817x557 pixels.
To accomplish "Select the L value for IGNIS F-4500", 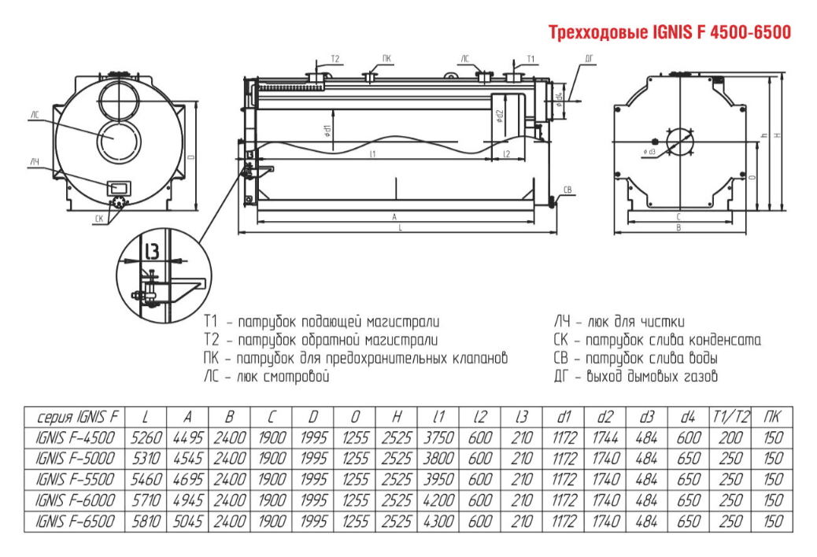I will tap(143, 437).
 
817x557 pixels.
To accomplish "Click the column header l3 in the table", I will tap(521, 416).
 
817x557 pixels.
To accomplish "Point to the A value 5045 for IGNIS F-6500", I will tap(186, 522).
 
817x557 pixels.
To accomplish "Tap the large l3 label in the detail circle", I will tap(153, 251).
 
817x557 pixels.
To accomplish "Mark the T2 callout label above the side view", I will tap(335, 59).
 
